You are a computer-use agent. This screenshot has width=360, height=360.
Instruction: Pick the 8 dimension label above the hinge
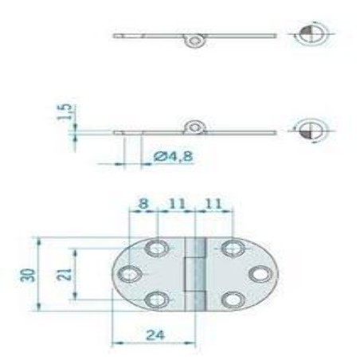click(143, 204)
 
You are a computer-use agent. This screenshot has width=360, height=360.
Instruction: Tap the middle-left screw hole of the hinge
click(131, 275)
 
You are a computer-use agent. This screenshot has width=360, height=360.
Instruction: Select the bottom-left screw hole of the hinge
click(157, 300)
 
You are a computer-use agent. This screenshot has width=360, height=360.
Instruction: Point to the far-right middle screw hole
click(258, 275)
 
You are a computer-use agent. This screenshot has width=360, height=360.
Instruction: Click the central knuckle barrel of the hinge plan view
click(194, 275)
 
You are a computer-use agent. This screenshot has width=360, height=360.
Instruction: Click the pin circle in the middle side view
click(194, 127)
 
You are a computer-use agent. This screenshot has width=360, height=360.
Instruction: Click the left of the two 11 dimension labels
click(177, 204)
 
